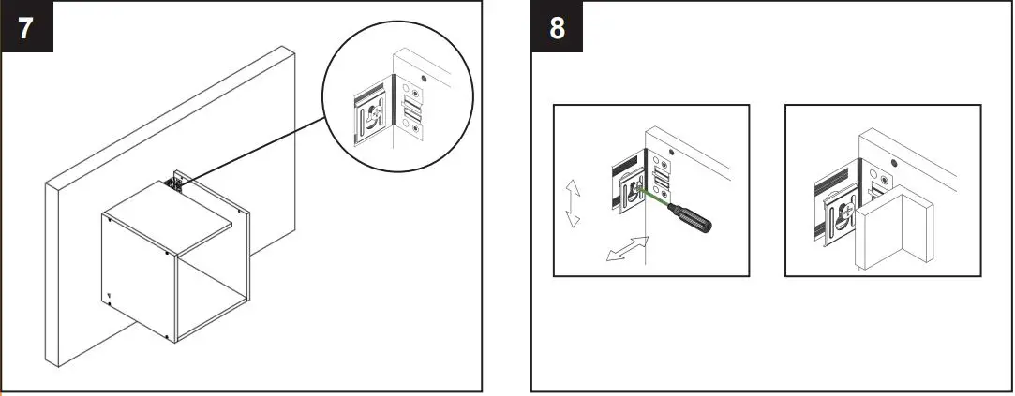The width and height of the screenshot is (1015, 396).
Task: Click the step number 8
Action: pos(557,27)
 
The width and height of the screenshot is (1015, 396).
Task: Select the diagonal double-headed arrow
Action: pos(627,249)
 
